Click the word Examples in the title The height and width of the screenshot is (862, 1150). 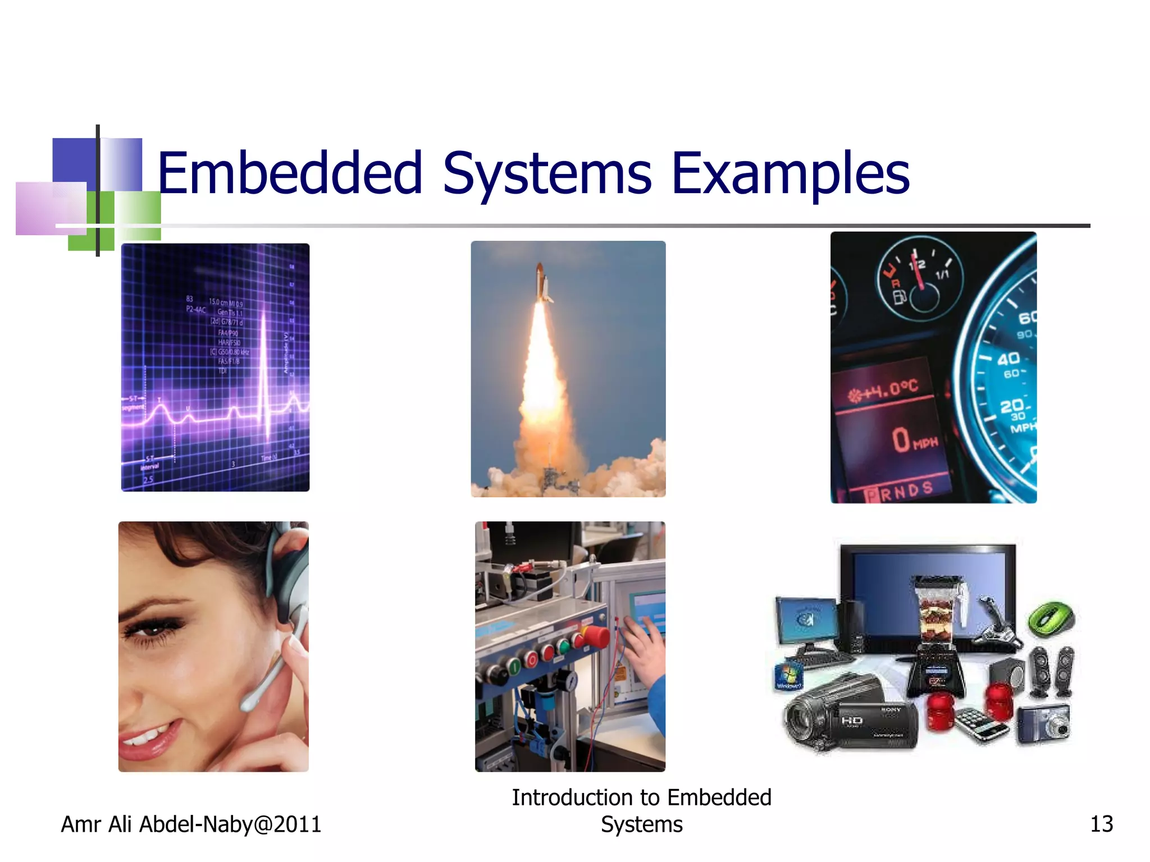[790, 174]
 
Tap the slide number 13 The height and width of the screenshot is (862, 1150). [1101, 824]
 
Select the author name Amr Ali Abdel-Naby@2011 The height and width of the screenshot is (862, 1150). [191, 824]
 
